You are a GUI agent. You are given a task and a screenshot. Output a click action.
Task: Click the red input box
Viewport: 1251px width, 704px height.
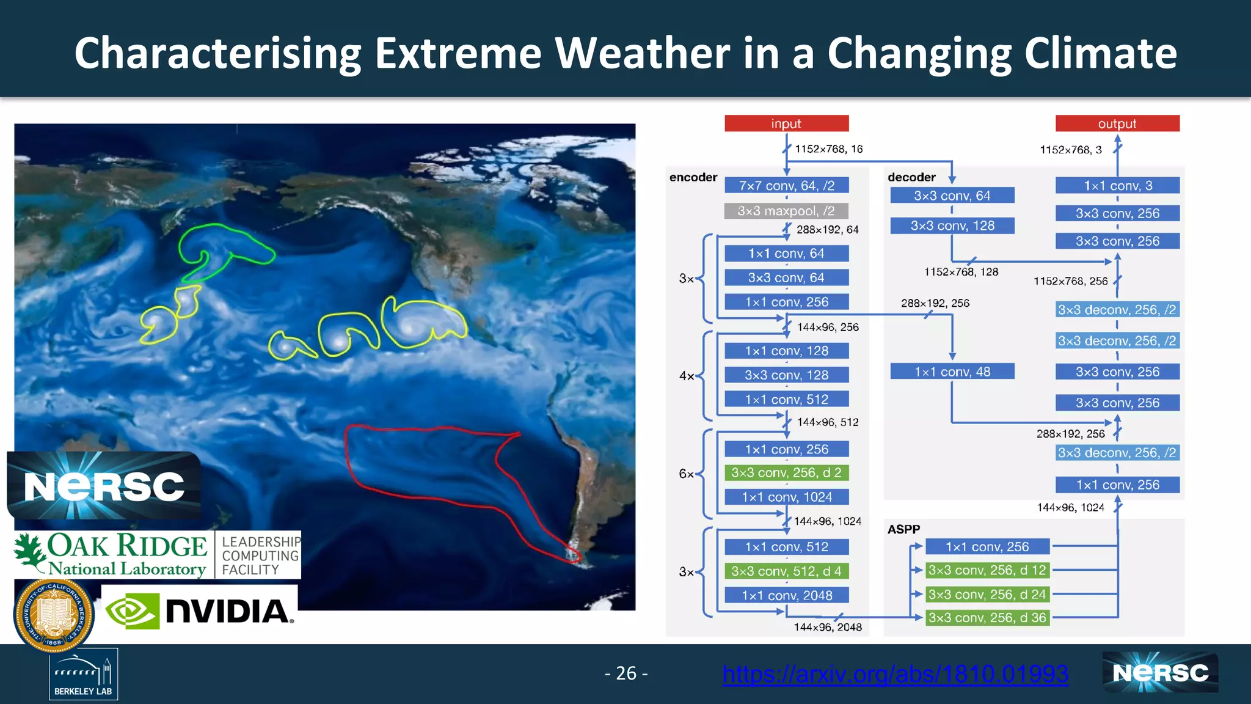click(x=786, y=123)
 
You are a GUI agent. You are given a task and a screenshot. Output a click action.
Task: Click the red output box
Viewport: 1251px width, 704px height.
click(x=1117, y=123)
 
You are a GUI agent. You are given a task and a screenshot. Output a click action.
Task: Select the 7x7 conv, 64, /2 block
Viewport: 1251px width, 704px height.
click(x=786, y=185)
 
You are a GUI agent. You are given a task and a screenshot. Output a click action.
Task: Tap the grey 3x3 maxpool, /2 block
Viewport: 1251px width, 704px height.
click(x=786, y=211)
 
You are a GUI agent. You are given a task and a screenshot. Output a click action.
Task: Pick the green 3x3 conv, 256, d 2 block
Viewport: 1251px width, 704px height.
click(x=786, y=472)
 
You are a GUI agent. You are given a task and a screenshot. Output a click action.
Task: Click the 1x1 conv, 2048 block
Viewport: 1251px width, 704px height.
click(x=786, y=595)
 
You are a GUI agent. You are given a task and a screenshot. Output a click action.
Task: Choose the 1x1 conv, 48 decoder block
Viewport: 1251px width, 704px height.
click(x=952, y=372)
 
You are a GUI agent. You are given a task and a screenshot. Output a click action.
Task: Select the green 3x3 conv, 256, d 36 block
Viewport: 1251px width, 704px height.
click(x=987, y=618)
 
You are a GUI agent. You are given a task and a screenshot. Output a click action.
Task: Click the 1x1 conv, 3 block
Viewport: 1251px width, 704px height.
click(x=1117, y=186)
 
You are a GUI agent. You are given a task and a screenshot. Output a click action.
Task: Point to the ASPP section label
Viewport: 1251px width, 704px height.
click(x=903, y=529)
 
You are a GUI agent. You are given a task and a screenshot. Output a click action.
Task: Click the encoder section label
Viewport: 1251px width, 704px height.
click(x=693, y=177)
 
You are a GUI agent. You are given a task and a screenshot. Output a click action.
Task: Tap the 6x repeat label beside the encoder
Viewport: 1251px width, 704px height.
click(x=686, y=474)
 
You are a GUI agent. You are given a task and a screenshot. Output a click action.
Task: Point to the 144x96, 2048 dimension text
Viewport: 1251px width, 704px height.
click(x=827, y=628)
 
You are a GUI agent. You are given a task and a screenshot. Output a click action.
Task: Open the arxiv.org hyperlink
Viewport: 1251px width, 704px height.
click(x=895, y=674)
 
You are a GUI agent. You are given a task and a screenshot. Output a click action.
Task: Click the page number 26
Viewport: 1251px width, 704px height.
click(x=626, y=673)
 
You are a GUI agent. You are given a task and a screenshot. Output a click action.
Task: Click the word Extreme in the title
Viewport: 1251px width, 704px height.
click(x=458, y=53)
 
